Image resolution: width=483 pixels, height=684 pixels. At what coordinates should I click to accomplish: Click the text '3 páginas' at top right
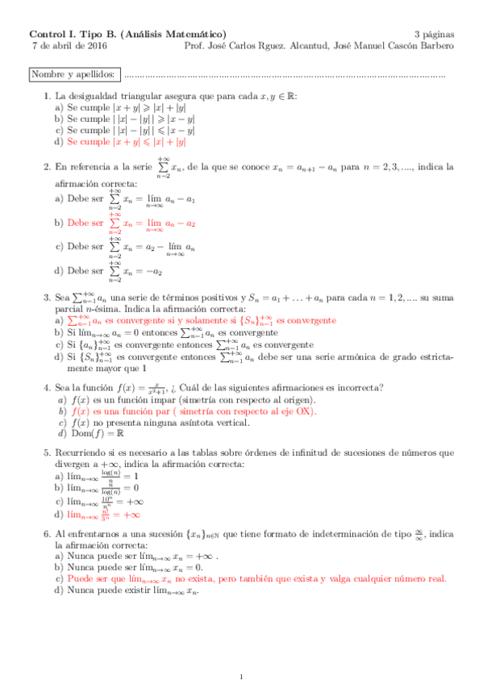coord(434,35)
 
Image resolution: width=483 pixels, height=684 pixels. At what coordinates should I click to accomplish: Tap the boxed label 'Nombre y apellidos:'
coord(72,75)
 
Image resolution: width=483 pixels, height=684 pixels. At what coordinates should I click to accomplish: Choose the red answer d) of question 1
coord(126,141)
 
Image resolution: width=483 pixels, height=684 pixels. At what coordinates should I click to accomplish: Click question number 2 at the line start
coord(47,167)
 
